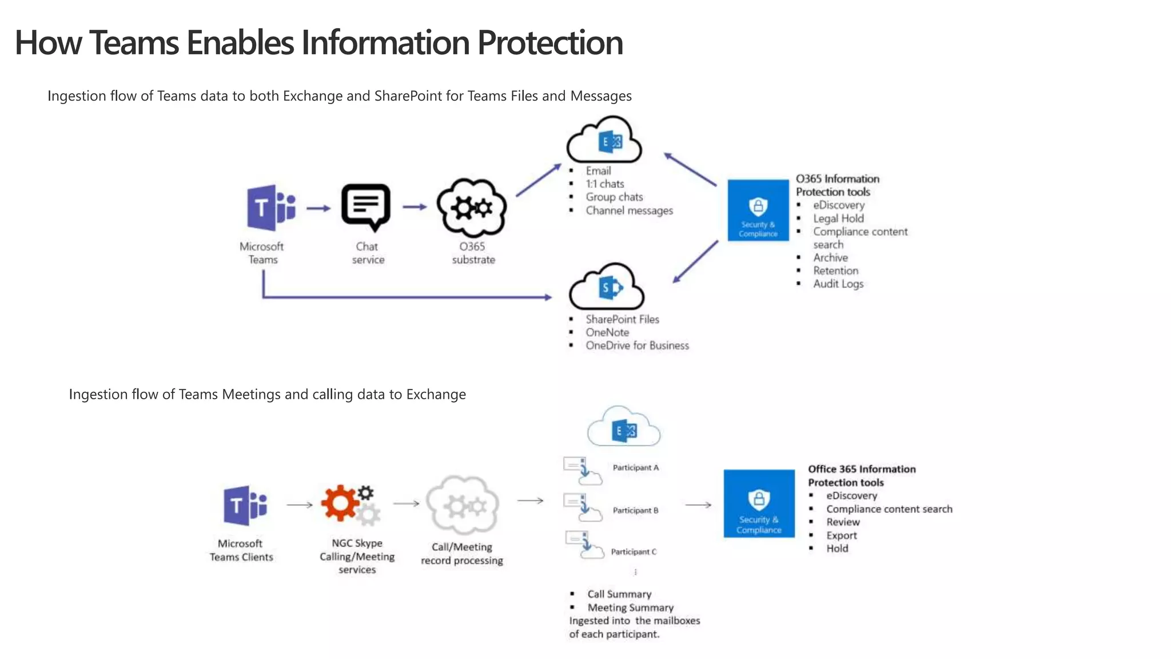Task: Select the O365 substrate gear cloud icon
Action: click(472, 207)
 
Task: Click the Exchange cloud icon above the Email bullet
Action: click(604, 140)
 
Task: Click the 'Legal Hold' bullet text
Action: click(838, 219)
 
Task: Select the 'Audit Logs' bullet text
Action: click(838, 284)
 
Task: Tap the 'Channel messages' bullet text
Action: click(629, 211)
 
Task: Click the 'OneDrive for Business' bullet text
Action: click(637, 346)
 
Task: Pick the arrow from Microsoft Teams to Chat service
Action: click(318, 208)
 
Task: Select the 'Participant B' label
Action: click(635, 510)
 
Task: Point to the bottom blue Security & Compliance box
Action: click(759, 503)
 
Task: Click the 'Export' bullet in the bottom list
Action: click(841, 535)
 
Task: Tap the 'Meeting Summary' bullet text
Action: click(630, 608)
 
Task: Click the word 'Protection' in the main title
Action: click(549, 43)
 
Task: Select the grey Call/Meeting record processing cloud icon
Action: click(463, 505)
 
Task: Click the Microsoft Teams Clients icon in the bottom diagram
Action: click(245, 506)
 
